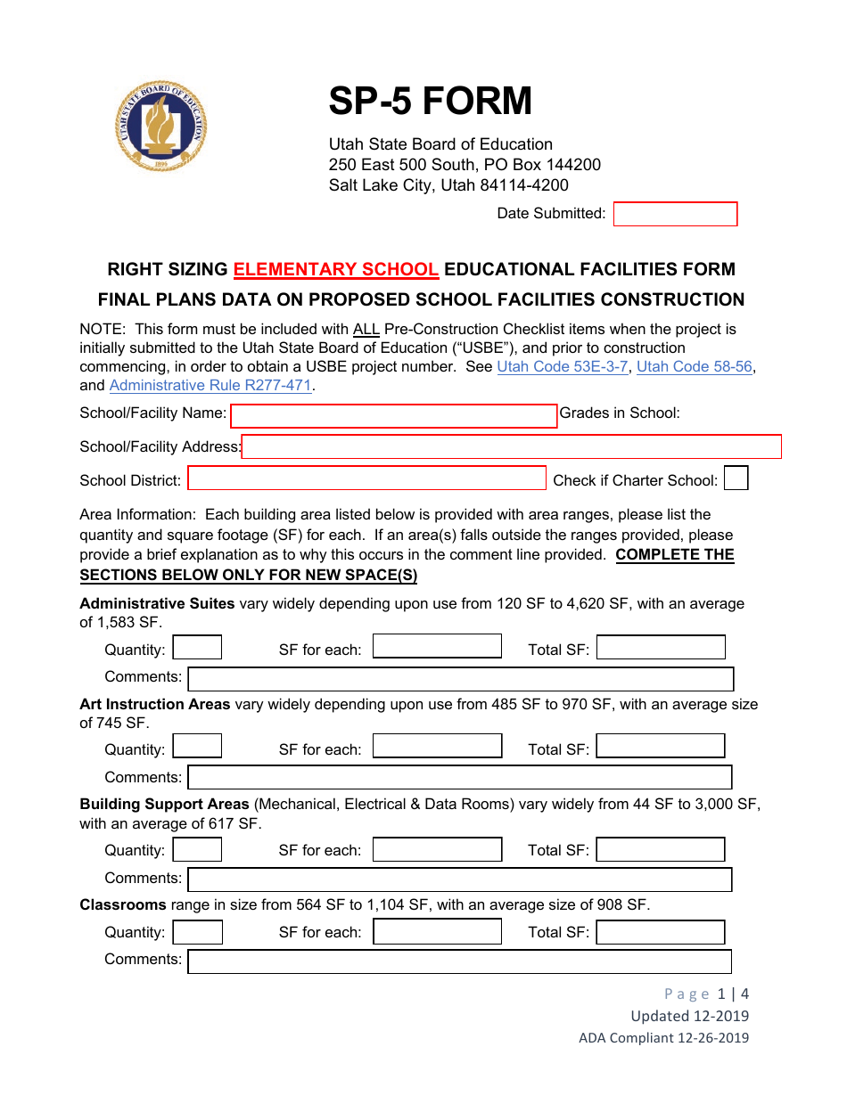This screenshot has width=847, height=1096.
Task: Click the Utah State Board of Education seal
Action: [161, 126]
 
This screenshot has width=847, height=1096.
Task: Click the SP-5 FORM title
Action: [430, 102]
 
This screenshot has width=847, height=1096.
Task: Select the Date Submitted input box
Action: [675, 214]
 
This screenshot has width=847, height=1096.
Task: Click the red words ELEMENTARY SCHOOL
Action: [336, 269]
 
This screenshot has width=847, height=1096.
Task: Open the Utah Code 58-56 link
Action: [695, 366]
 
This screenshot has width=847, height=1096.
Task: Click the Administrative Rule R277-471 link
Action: [211, 385]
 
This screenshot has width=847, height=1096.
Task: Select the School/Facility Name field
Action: [393, 416]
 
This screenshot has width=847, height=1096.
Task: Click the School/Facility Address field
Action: [511, 446]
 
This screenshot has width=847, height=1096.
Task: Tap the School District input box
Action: [366, 478]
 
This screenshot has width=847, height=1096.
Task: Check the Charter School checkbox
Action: [736, 478]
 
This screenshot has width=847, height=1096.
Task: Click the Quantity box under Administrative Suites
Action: [197, 648]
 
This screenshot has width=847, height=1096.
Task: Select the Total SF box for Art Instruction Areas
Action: [660, 747]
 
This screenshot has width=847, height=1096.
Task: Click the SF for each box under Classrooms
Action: [437, 932]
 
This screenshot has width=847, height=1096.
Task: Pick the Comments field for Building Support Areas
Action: [459, 879]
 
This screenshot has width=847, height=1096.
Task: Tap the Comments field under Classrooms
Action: [459, 961]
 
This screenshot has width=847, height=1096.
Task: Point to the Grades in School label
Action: [620, 413]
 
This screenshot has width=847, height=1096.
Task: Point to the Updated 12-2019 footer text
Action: [689, 1016]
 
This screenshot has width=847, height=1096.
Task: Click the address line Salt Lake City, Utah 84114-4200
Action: [448, 185]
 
